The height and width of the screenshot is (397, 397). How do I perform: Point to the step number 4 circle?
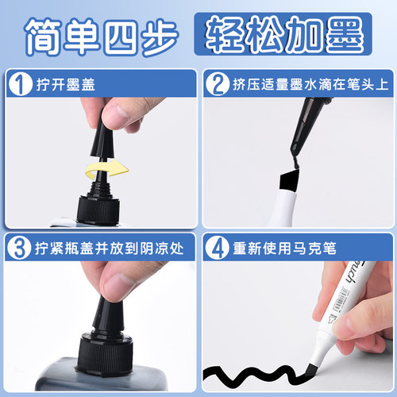click(x=218, y=247)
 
